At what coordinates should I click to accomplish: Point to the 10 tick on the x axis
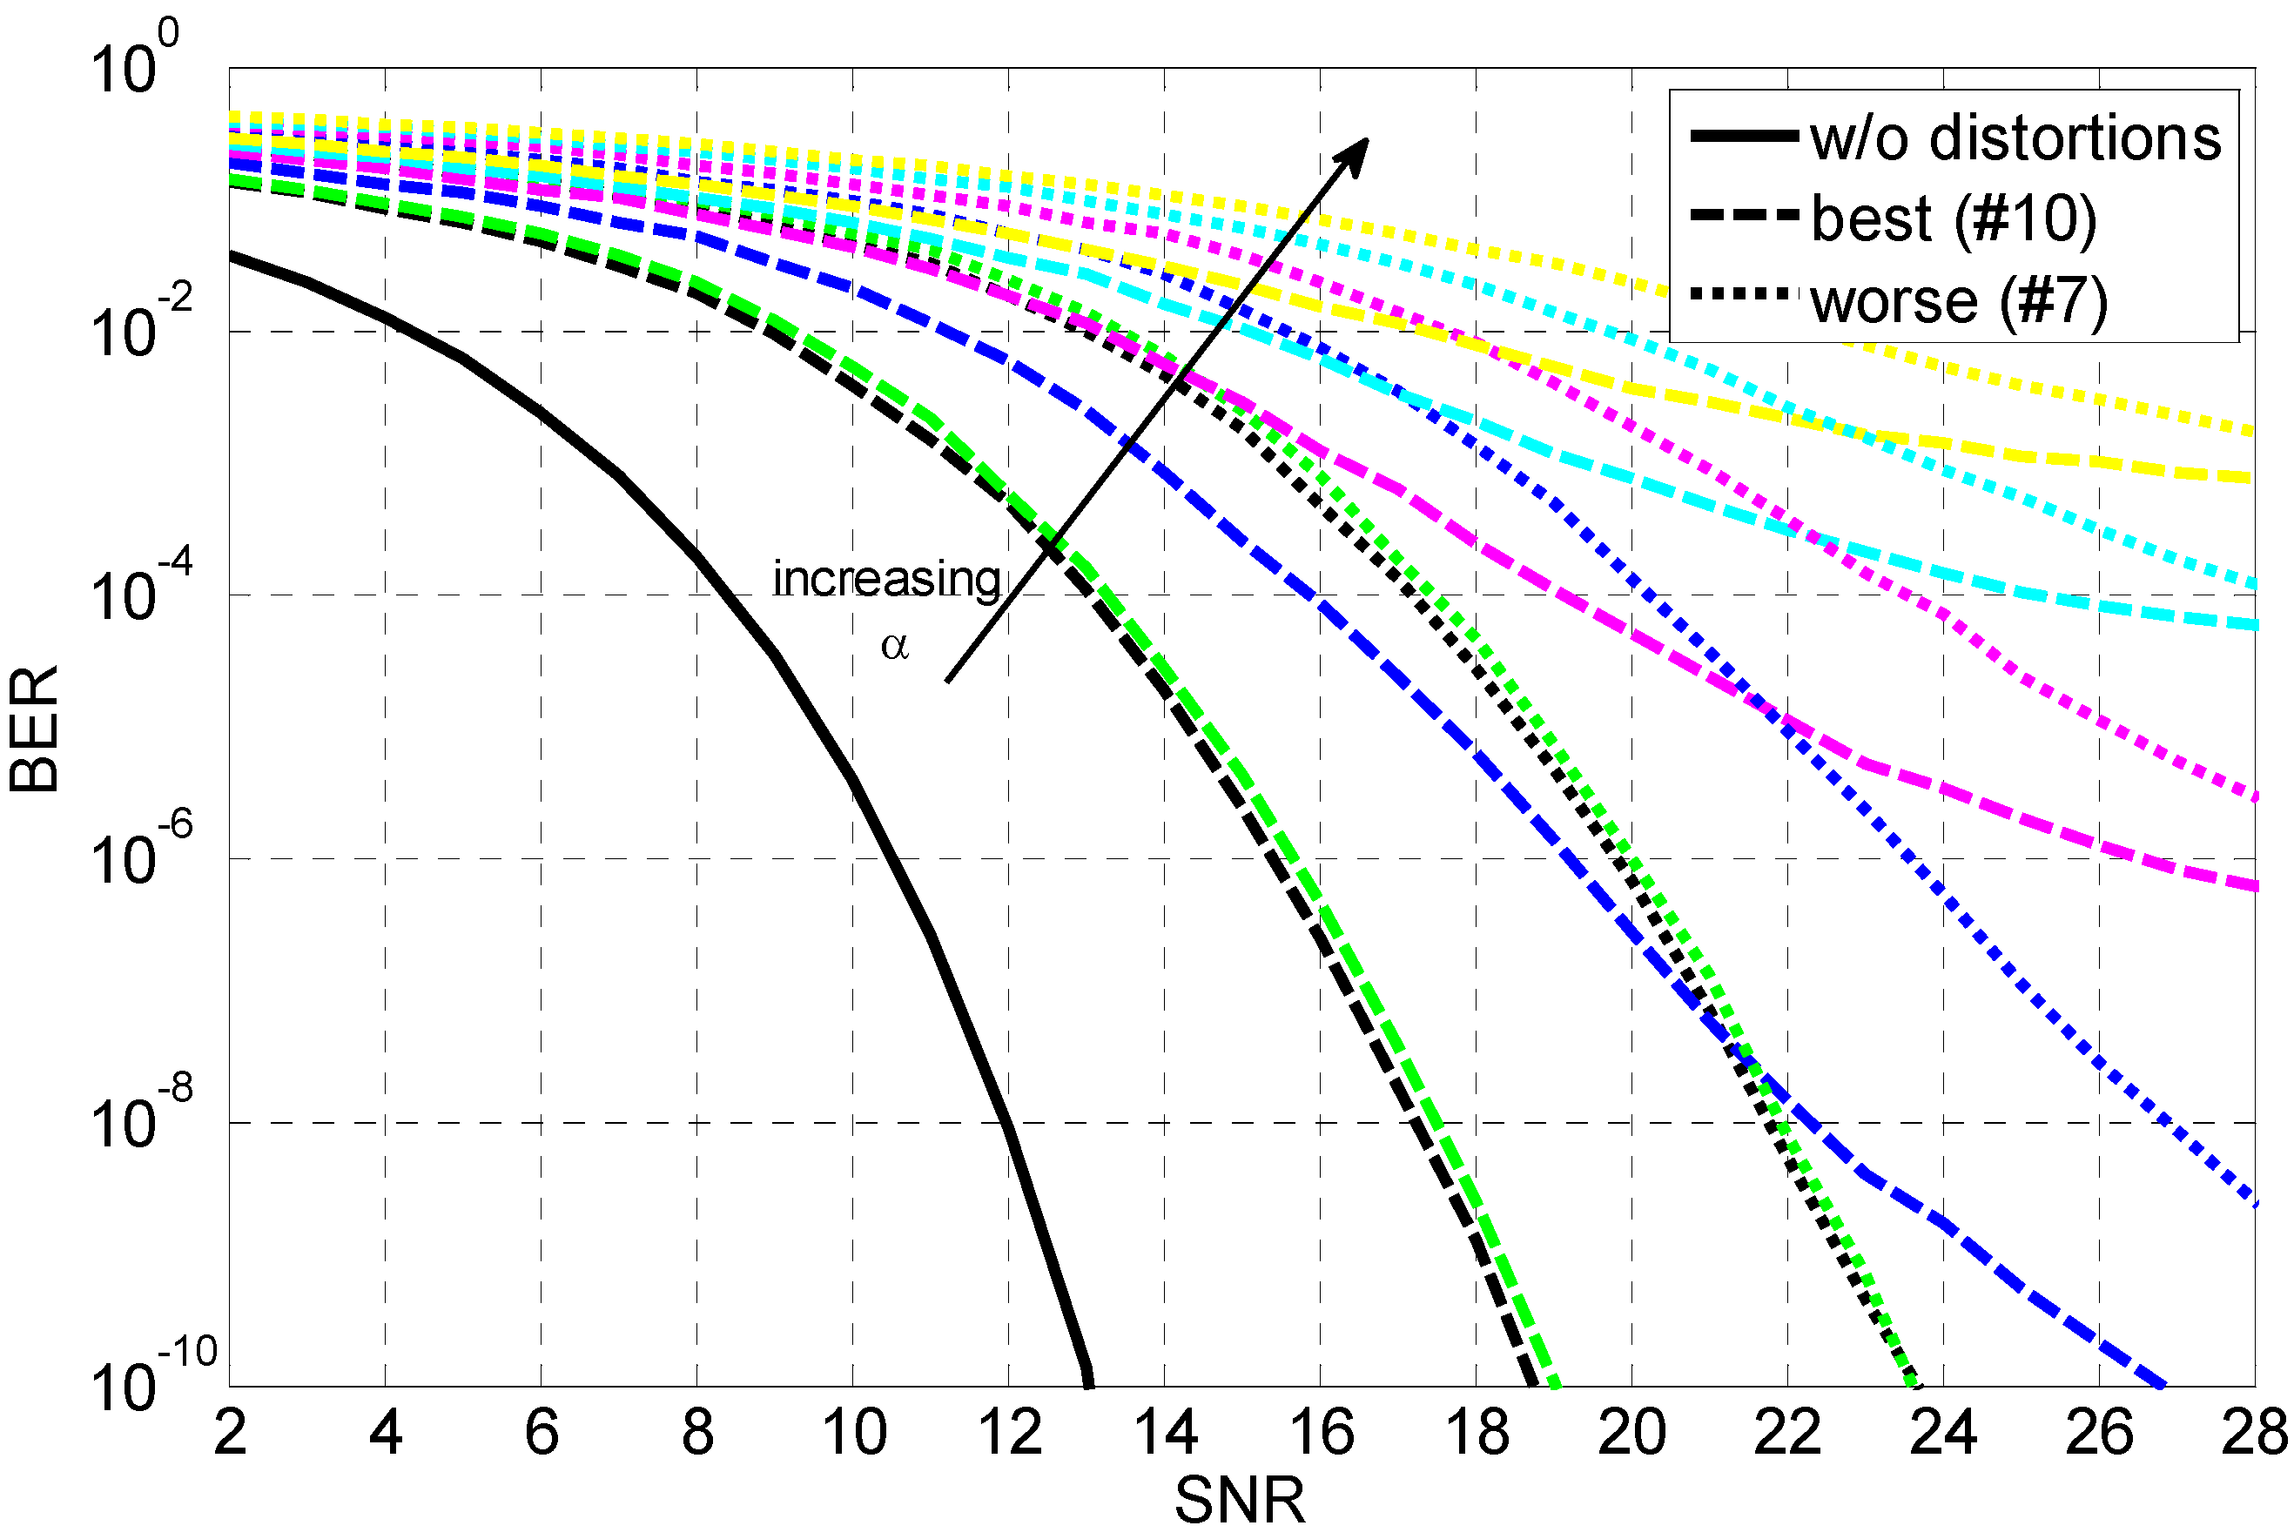[x=854, y=1434]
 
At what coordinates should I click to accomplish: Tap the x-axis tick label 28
[x=2253, y=1434]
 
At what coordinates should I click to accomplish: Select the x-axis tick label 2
[x=230, y=1434]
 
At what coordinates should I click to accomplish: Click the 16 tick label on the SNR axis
[x=1322, y=1434]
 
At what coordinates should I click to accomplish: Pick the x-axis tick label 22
[x=1786, y=1434]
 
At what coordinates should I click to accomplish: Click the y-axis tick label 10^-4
[x=138, y=589]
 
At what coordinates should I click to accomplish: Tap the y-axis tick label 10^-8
[x=138, y=1116]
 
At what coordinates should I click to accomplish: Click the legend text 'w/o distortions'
[x=2015, y=138]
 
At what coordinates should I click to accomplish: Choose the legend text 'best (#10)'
[x=1954, y=218]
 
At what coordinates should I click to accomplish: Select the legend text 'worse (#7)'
[x=1958, y=300]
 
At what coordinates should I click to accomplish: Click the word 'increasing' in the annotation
[x=885, y=579]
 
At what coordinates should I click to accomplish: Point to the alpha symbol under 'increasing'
[x=894, y=646]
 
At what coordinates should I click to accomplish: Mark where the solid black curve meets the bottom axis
[x=1087, y=1382]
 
